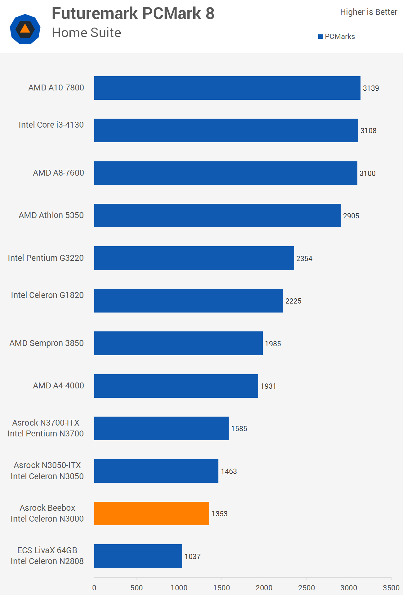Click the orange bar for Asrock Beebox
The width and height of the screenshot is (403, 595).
[x=151, y=513]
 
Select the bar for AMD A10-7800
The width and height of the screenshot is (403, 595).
[x=227, y=88]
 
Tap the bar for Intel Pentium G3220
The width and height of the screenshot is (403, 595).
[x=194, y=258]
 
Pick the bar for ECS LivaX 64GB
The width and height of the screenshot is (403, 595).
[x=138, y=556]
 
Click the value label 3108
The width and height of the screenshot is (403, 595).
[x=368, y=131]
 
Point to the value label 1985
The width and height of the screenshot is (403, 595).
[x=273, y=343]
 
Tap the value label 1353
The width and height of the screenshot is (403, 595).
[x=219, y=514]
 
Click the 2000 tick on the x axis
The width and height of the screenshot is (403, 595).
[x=264, y=588]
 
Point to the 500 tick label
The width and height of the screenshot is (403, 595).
[x=137, y=588]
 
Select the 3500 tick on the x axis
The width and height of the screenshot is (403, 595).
[x=391, y=588]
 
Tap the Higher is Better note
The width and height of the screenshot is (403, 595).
[x=369, y=12]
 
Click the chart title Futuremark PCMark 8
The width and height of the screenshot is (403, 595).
[x=133, y=13]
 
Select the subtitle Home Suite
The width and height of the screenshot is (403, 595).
[x=86, y=33]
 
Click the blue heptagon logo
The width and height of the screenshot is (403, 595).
[x=25, y=29]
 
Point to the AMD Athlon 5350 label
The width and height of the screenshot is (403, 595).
[x=51, y=215]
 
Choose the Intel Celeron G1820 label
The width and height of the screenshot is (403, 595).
[x=47, y=295]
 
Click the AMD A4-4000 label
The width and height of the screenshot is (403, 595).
[x=58, y=386]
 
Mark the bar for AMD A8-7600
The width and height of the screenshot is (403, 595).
[x=226, y=173]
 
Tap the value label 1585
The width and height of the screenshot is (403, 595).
[x=239, y=429]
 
